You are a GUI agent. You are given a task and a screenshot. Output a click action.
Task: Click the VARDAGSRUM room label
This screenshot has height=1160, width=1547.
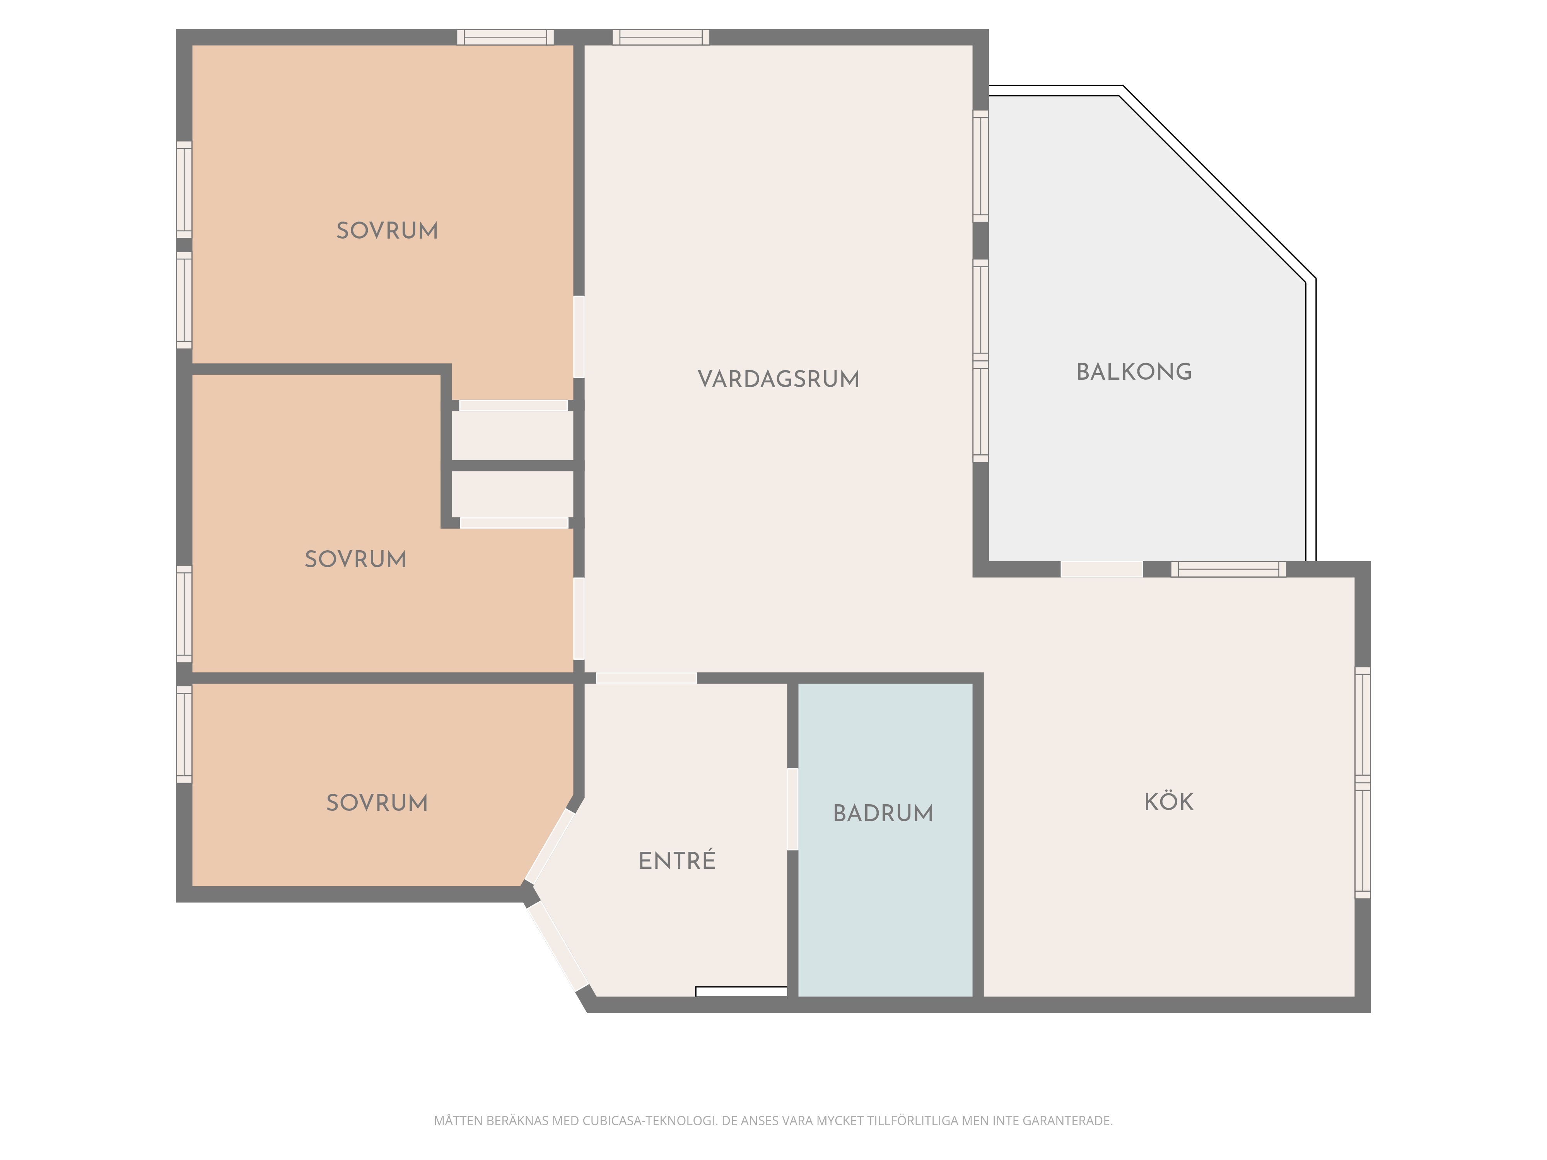779,379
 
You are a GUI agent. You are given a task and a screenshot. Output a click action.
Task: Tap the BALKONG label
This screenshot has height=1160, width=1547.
1134,371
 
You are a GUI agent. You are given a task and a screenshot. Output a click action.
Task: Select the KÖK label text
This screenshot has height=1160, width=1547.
1169,801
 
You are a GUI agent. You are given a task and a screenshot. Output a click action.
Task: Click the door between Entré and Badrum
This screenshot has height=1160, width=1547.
792,809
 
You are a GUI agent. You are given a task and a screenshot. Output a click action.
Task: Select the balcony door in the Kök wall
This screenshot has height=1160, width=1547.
1101,569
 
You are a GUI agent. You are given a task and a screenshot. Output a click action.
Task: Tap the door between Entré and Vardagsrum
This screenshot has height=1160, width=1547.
646,677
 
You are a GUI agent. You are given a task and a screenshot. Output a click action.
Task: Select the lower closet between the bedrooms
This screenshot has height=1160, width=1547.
512,494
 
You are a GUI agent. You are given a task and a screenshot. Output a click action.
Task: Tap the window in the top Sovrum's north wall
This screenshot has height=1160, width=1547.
505,37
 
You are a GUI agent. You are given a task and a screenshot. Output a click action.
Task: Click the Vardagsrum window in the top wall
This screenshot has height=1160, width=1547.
661,37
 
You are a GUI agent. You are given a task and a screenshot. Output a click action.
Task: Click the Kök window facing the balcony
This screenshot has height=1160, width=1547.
1228,569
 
